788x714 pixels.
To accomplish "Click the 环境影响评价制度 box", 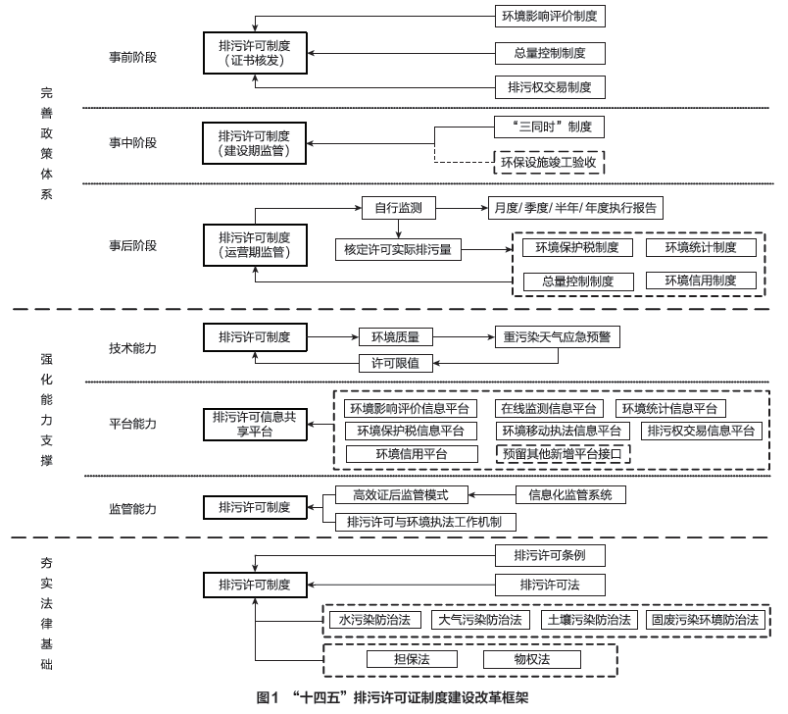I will coord(550,17).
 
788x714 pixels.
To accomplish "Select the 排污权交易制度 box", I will coord(550,86).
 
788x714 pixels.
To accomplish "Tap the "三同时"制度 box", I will coord(550,127).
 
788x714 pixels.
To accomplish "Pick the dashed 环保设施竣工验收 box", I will coord(550,161).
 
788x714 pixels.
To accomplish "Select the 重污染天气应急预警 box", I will coord(557,336).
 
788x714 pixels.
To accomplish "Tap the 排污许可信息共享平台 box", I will coord(256,423).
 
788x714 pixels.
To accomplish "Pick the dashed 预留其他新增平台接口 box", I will coord(563,454).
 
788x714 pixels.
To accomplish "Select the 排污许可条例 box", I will coord(550,556).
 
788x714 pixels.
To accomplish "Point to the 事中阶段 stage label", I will coord(133,141).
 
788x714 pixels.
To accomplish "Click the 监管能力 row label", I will coord(133,508).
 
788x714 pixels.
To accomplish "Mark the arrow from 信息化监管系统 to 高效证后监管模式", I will coord(492,495).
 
